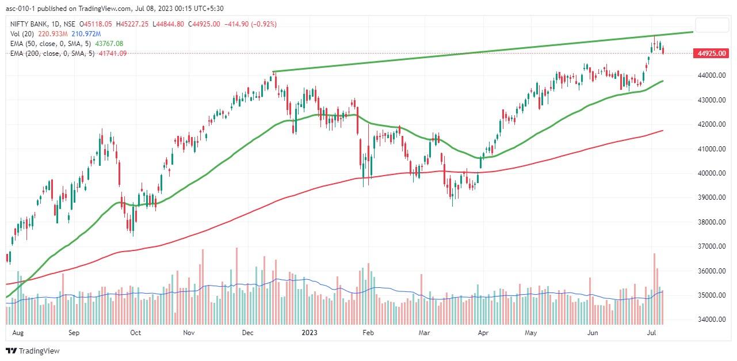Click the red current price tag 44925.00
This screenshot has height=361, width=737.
(x=712, y=54)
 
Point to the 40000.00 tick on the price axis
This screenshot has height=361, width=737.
(x=711, y=173)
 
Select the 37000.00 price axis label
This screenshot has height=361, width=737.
(x=711, y=246)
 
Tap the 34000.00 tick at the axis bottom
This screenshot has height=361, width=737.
(x=711, y=320)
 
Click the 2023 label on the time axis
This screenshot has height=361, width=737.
(x=310, y=333)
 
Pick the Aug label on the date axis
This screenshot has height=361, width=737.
(x=18, y=333)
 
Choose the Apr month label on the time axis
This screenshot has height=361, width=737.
(x=483, y=333)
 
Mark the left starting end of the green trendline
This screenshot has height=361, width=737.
(x=273, y=72)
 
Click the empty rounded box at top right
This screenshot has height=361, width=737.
(x=712, y=25)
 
